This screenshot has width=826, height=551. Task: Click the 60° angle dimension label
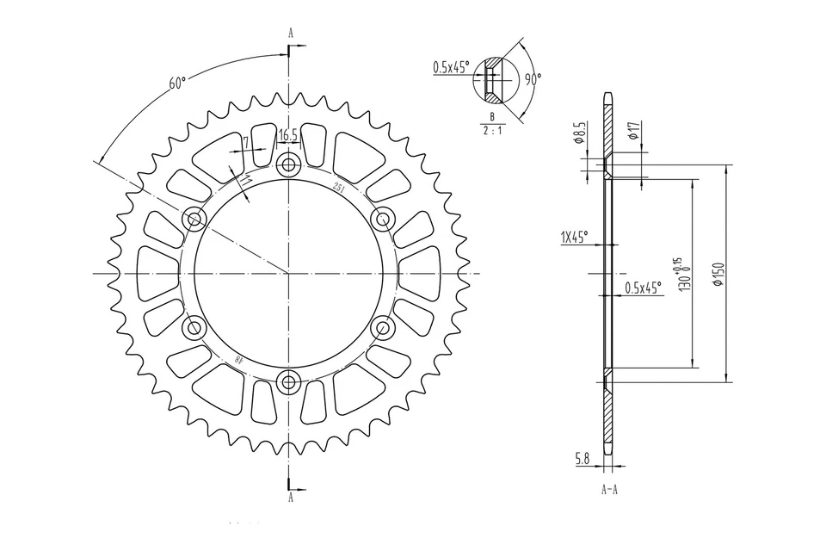click(177, 83)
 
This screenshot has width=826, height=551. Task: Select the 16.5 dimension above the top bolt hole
click(287, 134)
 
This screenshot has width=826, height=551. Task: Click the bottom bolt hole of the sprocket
click(288, 381)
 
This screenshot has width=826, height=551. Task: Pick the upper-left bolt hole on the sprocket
click(194, 219)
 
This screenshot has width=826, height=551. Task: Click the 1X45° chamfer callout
click(574, 238)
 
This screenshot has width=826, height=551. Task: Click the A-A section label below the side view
click(607, 490)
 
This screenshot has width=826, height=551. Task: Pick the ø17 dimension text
click(632, 131)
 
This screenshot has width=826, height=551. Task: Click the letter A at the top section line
click(291, 33)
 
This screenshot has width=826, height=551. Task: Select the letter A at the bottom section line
click(291, 498)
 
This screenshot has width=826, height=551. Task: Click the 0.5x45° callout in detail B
click(451, 67)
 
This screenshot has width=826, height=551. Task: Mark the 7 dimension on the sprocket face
click(246, 143)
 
